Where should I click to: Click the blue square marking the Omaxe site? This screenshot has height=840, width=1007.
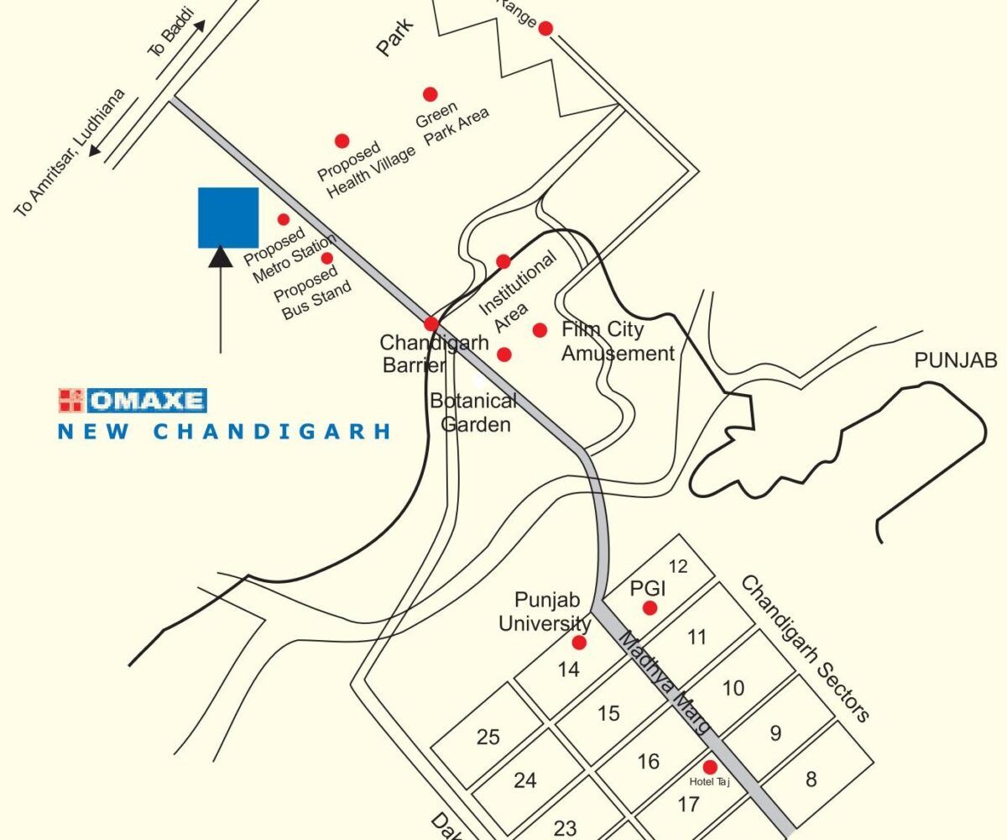point(227,218)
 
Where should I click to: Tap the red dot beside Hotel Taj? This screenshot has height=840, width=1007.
point(709,767)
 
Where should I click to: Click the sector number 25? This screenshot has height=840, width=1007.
point(488,738)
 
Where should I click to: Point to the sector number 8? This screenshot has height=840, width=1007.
point(811,780)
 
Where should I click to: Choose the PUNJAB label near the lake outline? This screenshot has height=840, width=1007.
point(956,361)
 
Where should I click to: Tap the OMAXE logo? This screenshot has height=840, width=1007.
point(133,401)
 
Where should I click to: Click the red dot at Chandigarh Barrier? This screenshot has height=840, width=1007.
point(431,323)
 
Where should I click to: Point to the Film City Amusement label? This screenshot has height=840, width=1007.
point(618,342)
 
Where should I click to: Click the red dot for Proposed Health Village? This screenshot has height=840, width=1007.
point(342,141)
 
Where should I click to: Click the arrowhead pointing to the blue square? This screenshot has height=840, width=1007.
point(220,255)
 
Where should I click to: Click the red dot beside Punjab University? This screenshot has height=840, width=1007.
point(578,643)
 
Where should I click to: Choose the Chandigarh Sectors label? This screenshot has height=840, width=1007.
point(805,648)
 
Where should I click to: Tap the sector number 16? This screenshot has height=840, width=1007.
point(648,762)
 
